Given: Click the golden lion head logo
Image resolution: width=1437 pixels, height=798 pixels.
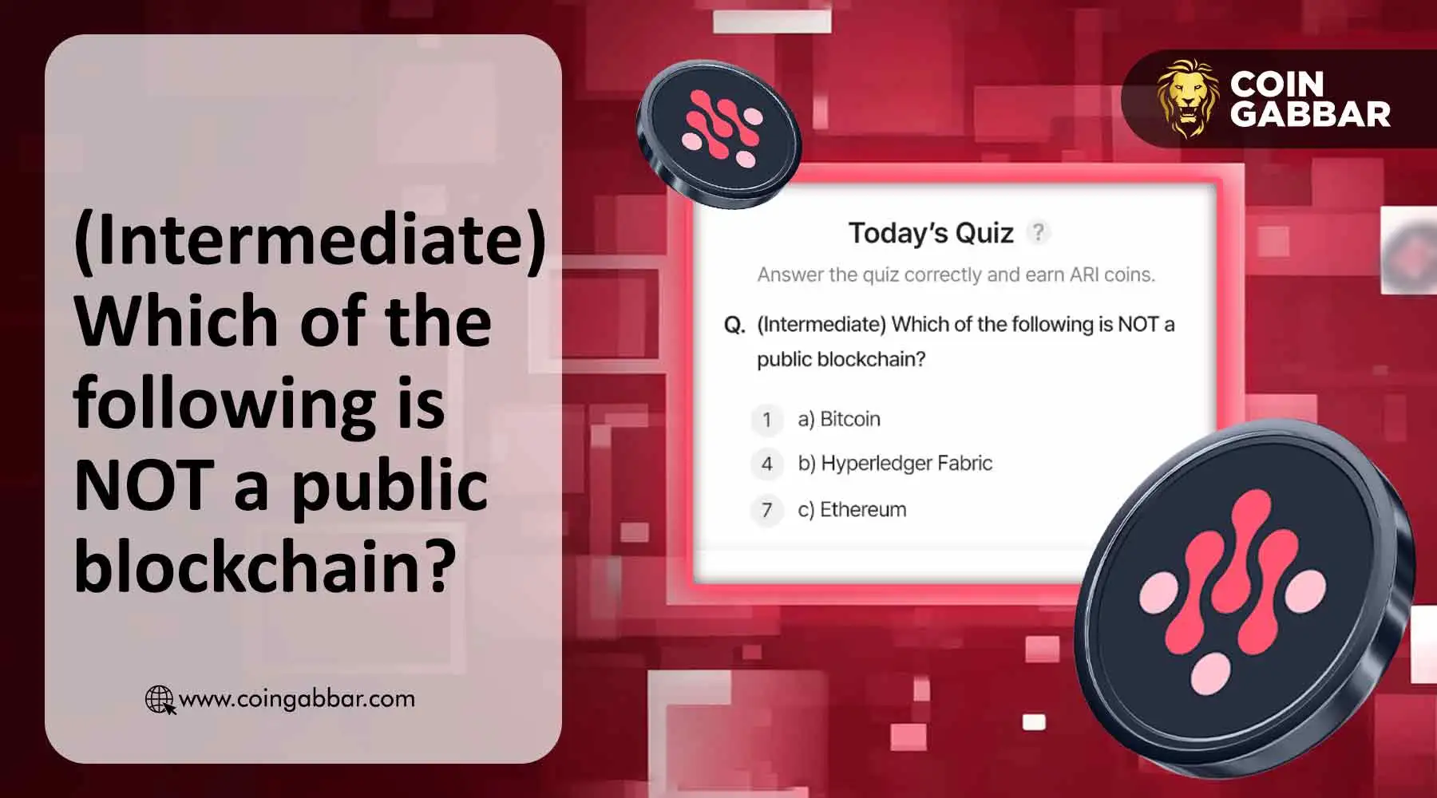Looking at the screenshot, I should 1188,97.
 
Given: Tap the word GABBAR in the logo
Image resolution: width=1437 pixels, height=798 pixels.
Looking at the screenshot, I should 1310,115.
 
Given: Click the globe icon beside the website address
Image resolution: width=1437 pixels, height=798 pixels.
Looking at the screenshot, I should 160,700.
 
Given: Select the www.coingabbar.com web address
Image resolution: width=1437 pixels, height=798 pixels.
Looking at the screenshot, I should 296,699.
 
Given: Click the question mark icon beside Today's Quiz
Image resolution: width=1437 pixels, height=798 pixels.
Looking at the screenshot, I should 1038,232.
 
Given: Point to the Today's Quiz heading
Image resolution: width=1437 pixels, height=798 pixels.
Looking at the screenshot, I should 931,233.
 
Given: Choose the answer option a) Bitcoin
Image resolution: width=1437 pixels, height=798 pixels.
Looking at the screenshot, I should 839,419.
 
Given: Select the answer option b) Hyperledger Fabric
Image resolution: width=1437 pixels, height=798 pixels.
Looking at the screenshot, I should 895,463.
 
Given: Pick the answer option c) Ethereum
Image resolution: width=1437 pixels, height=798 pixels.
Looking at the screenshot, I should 852,509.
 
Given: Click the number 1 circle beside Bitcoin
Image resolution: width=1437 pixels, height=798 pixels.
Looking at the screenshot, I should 767,420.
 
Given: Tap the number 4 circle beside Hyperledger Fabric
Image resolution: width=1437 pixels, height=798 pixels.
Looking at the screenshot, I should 767,464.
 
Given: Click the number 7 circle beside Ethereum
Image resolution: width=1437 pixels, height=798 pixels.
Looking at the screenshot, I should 767,510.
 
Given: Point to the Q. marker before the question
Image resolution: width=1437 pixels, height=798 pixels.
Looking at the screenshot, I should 734,325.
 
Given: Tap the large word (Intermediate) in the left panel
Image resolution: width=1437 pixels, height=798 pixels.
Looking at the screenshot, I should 310,239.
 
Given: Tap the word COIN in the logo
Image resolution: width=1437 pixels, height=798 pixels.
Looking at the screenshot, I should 1277,84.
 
